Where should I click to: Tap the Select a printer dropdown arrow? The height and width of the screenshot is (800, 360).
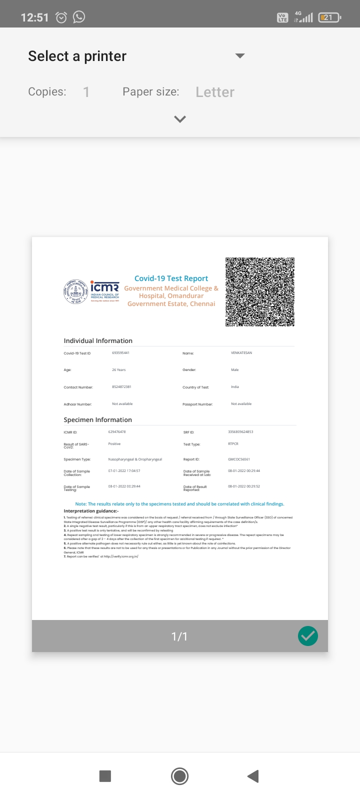240,56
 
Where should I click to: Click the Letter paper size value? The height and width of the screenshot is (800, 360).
215,92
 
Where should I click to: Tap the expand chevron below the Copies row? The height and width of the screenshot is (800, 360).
180,119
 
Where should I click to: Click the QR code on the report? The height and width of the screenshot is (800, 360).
259,292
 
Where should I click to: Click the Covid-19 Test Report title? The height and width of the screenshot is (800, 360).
171,278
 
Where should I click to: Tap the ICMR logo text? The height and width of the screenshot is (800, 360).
104,288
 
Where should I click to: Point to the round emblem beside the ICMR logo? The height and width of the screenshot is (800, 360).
75,291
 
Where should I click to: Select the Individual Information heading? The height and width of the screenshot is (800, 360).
98,340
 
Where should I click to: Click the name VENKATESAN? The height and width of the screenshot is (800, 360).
241,353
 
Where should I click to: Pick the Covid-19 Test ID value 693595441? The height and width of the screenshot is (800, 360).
120,353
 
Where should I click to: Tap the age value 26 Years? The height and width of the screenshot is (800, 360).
119,370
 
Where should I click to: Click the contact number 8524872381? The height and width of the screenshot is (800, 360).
121,387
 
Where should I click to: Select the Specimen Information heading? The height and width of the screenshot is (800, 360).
97,419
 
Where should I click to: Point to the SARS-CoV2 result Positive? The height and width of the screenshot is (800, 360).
114,444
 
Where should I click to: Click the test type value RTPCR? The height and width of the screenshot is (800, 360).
233,444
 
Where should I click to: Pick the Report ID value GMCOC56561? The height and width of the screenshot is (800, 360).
239,459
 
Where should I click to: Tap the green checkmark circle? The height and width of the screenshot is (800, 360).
308,636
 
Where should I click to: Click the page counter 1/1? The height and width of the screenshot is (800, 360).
179,636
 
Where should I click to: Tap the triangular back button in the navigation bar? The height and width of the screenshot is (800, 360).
253,776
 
